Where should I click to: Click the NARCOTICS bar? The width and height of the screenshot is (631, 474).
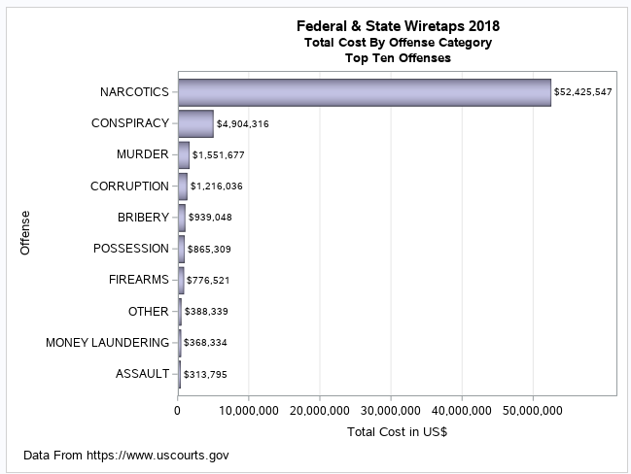[x=365, y=92]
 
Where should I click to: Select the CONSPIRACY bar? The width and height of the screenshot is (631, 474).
[x=195, y=123]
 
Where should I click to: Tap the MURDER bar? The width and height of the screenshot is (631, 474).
[x=184, y=154]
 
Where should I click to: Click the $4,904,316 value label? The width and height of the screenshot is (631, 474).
[x=242, y=124]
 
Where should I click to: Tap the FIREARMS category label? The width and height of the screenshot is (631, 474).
[x=139, y=280]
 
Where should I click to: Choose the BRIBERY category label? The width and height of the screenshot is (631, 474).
[x=143, y=217]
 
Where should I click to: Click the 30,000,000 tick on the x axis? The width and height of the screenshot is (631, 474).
[x=391, y=410]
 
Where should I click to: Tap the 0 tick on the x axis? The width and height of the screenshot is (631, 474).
[x=177, y=410]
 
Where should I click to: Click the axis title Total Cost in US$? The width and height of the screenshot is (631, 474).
[x=397, y=432]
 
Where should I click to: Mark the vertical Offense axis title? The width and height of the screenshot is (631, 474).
[x=26, y=233]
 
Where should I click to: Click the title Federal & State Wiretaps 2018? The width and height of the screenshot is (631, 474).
[x=398, y=25]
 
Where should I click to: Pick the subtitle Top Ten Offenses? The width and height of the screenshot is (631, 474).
[x=398, y=58]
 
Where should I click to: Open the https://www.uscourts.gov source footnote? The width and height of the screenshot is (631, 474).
[x=125, y=455]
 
